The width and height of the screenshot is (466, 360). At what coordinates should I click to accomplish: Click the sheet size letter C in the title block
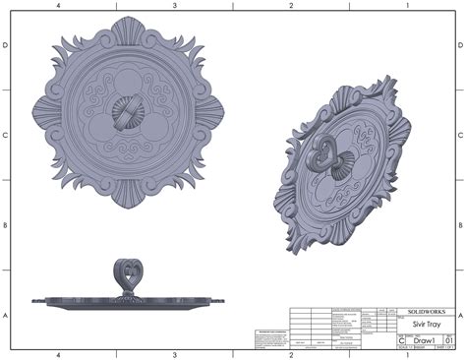pos(397,341)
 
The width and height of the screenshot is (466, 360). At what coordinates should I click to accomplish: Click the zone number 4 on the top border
pos(59,6)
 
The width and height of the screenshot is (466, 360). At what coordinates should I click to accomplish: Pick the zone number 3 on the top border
pos(175,6)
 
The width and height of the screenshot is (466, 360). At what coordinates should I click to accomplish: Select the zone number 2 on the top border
pos(291,6)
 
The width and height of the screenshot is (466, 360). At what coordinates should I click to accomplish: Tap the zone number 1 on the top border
pos(407,6)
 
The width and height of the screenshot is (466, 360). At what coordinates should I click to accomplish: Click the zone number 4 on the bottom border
pos(59,354)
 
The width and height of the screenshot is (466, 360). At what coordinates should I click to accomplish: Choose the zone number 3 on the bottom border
pos(175,354)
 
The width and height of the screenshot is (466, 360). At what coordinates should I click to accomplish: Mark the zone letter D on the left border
pos(6,46)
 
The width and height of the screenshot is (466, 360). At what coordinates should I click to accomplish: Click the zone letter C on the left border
pos(6,136)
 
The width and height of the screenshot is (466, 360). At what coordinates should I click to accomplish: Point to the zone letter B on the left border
pos(6,225)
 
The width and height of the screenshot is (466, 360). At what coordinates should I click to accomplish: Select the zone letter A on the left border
pos(6,315)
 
